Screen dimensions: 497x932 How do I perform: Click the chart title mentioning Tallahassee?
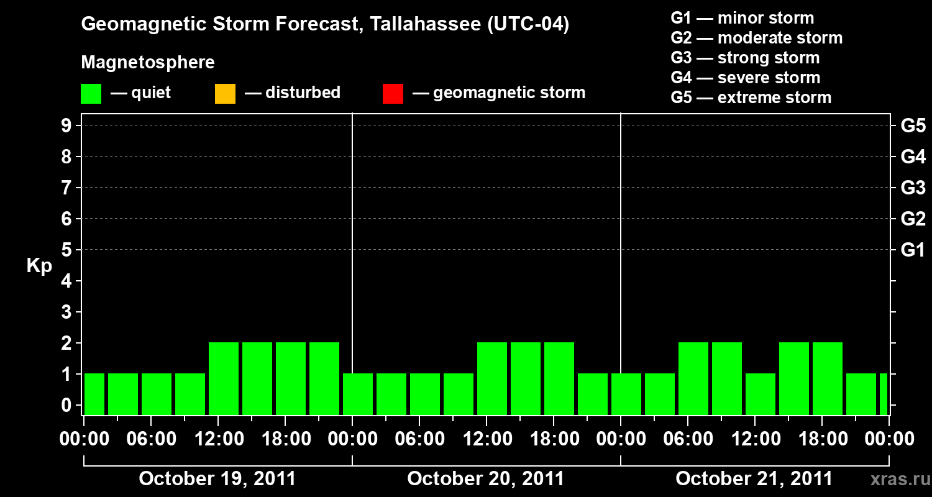tap(325, 25)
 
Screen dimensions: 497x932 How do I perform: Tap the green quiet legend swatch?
tap(91, 94)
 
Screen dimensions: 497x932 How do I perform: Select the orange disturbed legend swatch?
tap(225, 94)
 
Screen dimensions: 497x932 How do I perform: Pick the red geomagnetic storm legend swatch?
tap(393, 94)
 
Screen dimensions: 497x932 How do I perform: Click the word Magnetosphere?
tap(148, 63)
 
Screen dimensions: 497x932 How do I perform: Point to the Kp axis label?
tap(39, 266)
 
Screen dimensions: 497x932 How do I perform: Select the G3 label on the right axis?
tap(913, 188)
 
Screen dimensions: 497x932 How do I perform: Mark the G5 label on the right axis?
tap(913, 126)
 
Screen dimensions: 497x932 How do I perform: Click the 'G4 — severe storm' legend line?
tap(745, 78)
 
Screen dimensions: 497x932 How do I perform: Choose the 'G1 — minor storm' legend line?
tap(742, 18)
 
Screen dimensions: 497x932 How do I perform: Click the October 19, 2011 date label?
tap(217, 479)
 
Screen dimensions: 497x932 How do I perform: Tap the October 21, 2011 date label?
tap(754, 479)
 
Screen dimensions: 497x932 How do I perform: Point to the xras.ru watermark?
tap(897, 480)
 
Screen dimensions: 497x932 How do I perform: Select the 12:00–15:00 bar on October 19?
tap(224, 378)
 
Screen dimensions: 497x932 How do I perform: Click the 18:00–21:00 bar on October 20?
tap(559, 378)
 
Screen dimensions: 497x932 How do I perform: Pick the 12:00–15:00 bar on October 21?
tap(761, 394)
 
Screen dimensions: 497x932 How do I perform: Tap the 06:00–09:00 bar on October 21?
tap(693, 378)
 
